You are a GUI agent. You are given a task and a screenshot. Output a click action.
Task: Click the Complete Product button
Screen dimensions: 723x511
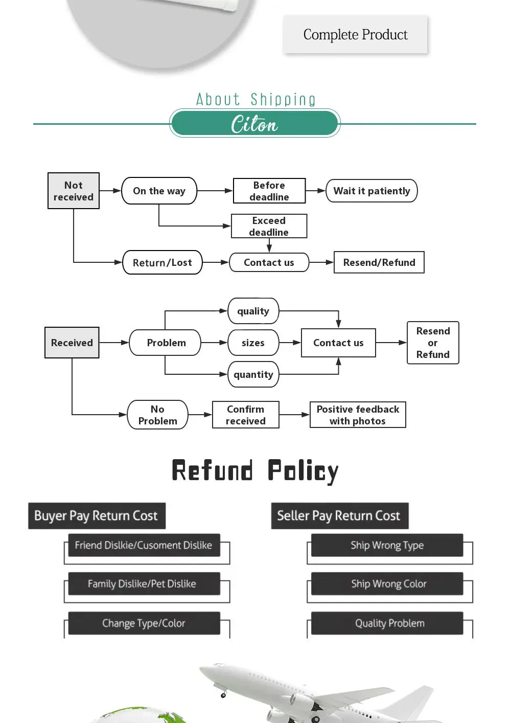pyautogui.click(x=355, y=34)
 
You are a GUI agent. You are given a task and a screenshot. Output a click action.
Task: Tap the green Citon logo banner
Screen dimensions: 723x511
pyautogui.click(x=254, y=124)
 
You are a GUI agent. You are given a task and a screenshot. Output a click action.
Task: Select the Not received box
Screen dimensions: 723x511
pyautogui.click(x=74, y=191)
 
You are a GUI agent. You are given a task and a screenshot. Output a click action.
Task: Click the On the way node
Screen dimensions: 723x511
pyautogui.click(x=159, y=191)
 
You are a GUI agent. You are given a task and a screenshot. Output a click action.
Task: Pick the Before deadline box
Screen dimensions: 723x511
pyautogui.click(x=269, y=191)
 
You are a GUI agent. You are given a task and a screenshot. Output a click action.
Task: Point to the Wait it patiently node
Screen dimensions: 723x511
pyautogui.click(x=371, y=191)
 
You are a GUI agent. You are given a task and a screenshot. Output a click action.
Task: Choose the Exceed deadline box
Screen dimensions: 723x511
pyautogui.click(x=269, y=226)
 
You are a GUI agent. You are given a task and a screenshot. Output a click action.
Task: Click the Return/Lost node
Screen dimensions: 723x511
pyautogui.click(x=162, y=262)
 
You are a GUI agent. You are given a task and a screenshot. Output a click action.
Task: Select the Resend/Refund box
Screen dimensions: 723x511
pyautogui.click(x=379, y=262)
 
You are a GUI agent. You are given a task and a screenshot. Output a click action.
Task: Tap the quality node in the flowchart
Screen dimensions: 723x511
pyautogui.click(x=253, y=311)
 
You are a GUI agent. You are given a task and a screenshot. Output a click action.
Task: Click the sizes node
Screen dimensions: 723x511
pyautogui.click(x=253, y=343)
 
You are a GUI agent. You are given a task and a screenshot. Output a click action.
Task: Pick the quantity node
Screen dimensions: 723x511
pyautogui.click(x=253, y=374)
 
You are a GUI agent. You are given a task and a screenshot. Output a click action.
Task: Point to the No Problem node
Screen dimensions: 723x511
pyautogui.click(x=157, y=415)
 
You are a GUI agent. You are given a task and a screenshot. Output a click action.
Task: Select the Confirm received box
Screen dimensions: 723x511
pyautogui.click(x=246, y=415)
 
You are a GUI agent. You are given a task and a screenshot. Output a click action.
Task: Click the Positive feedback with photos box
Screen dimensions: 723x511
pyautogui.click(x=358, y=415)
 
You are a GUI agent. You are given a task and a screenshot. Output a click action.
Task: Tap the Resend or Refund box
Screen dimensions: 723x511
pyautogui.click(x=433, y=343)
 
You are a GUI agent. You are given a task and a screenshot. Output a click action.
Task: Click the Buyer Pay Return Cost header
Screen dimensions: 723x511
pyautogui.click(x=96, y=515)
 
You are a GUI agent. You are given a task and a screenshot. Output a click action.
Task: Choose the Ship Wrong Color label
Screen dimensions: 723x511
pyautogui.click(x=388, y=583)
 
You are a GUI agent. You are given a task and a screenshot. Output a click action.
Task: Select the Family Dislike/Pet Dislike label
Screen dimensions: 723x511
pyautogui.click(x=142, y=583)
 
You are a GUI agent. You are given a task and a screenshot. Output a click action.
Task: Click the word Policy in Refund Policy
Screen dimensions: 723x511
pyautogui.click(x=303, y=470)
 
